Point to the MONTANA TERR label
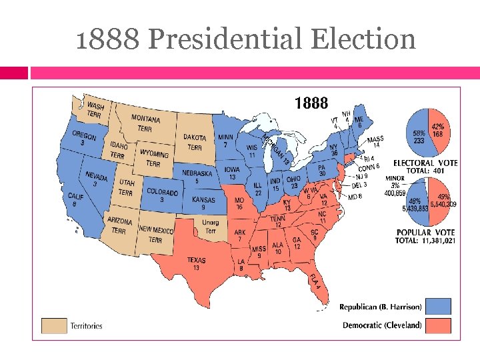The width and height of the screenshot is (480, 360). [x=145, y=123]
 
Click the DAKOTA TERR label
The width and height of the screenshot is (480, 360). [x=195, y=142]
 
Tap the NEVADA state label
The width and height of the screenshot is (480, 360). [x=96, y=179]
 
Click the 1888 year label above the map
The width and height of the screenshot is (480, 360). [x=311, y=103]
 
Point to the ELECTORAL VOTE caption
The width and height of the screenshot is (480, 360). [x=425, y=162]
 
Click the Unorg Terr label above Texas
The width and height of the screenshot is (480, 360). [x=211, y=227]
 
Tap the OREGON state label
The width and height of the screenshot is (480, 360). [x=84, y=138]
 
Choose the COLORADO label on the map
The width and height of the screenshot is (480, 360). [x=161, y=195]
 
